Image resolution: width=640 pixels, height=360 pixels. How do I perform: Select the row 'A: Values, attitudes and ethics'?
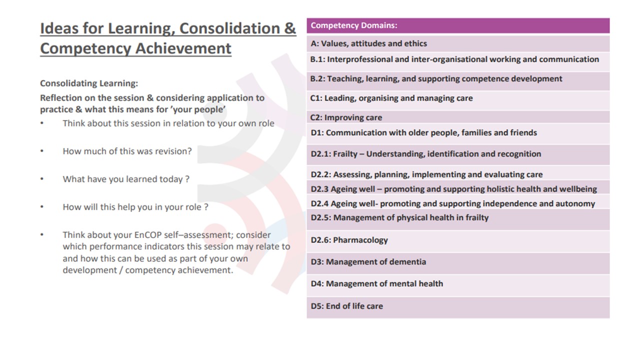tap(368, 43)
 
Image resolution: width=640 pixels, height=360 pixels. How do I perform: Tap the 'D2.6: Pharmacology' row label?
tap(349, 240)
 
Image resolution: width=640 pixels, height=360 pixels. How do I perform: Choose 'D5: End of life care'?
tap(346, 306)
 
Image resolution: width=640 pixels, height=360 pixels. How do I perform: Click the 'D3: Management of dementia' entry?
tap(368, 261)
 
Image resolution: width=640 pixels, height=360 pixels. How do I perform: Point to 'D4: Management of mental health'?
tap(377, 283)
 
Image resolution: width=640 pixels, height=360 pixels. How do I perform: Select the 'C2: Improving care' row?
tap(346, 117)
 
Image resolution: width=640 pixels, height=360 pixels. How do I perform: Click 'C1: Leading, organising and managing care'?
tap(391, 98)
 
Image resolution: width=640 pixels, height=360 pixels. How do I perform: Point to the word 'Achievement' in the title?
tap(183, 48)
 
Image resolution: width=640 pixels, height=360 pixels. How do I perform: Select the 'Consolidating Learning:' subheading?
tap(89, 83)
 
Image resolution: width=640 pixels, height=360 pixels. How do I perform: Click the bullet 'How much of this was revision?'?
tap(127, 151)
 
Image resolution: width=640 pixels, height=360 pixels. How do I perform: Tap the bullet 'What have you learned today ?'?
tap(126, 179)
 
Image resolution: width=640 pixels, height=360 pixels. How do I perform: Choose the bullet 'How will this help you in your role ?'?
tap(135, 207)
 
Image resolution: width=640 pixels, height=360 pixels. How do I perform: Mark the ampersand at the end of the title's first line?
tap(290, 28)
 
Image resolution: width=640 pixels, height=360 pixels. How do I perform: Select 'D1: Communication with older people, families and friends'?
tap(423, 133)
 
